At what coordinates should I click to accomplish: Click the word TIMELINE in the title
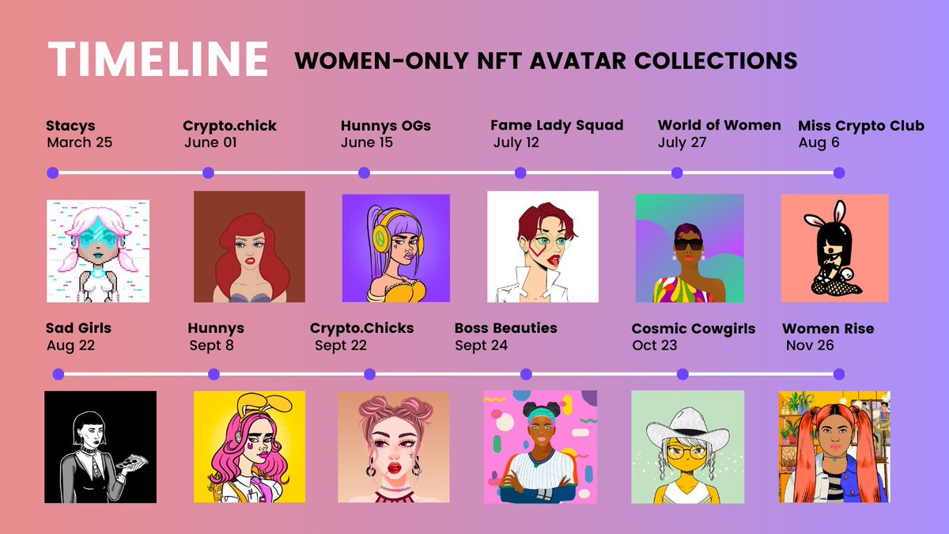point(158,59)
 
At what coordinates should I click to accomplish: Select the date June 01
point(210,143)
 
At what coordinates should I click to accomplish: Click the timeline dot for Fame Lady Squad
point(520,172)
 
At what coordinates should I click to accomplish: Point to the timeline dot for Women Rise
point(839,374)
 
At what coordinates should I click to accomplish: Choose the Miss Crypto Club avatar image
point(834,248)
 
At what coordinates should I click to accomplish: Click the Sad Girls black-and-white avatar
point(100,447)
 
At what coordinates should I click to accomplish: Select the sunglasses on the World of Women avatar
point(687,244)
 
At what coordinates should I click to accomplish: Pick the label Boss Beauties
point(505,328)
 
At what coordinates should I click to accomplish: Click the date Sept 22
point(341,346)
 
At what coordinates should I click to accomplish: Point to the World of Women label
point(719,125)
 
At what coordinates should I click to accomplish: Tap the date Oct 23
point(655,346)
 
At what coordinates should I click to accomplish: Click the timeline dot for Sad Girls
point(58,374)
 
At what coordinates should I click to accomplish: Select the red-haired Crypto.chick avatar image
point(249,247)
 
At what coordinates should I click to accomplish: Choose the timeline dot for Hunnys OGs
point(365,172)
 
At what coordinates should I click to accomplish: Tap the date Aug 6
point(819,143)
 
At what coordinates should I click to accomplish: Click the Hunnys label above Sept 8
point(216,328)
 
